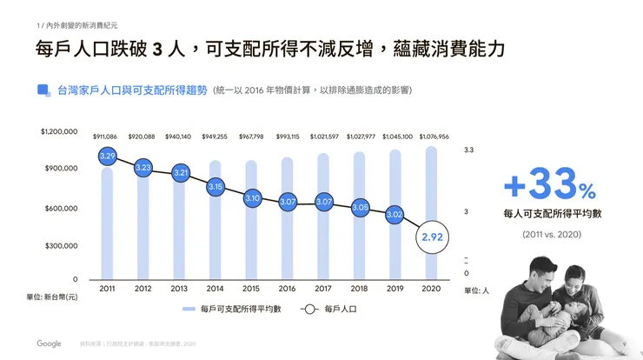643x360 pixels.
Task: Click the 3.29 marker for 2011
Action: [x=108, y=157]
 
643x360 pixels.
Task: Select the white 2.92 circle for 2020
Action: [x=432, y=237]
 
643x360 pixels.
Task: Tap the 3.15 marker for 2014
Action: [x=215, y=186]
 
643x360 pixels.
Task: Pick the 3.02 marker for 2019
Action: [x=394, y=214]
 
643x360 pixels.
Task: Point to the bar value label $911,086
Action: [x=107, y=137]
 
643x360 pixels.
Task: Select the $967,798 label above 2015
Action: [x=251, y=137]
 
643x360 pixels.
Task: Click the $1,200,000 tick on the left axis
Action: [x=59, y=132]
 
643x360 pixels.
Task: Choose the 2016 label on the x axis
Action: [x=288, y=289]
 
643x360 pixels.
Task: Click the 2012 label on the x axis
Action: [x=143, y=289]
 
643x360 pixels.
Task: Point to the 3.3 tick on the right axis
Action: [x=468, y=150]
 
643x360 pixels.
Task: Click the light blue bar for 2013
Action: [x=179, y=235]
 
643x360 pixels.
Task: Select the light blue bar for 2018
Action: [x=359, y=235]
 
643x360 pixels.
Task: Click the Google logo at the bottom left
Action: [x=49, y=343]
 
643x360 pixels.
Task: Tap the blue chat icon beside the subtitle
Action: [x=43, y=90]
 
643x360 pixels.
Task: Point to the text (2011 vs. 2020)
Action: [x=550, y=235]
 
